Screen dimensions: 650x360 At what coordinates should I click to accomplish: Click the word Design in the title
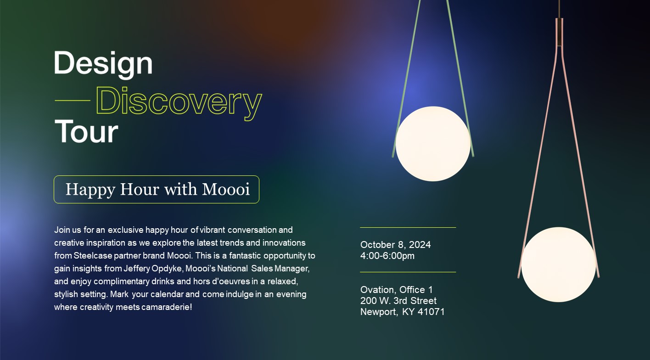(x=103, y=64)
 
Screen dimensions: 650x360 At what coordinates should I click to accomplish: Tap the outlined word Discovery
(x=179, y=103)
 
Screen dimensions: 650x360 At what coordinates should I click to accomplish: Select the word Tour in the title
(x=86, y=131)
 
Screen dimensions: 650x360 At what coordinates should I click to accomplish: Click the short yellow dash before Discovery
(x=73, y=101)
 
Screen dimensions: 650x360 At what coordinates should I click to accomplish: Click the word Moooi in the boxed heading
(x=226, y=189)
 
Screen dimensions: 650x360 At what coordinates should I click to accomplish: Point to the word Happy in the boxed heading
(x=90, y=190)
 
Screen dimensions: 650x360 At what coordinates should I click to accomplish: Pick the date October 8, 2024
(x=396, y=245)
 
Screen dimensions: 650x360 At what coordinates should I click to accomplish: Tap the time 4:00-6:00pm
(x=387, y=256)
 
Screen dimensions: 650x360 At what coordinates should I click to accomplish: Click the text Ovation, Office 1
(x=397, y=289)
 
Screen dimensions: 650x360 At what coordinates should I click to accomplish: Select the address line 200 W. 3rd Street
(x=398, y=300)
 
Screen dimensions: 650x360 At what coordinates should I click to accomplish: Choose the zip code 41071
(x=431, y=311)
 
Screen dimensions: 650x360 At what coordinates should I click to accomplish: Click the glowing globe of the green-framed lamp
(x=433, y=144)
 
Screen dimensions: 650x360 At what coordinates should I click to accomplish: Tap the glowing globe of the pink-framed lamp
(x=559, y=264)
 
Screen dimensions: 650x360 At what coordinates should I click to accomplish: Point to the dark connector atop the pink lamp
(x=559, y=32)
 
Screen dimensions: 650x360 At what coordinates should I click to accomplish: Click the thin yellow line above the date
(x=408, y=228)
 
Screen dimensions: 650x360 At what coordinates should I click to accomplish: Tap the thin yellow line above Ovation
(x=408, y=272)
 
